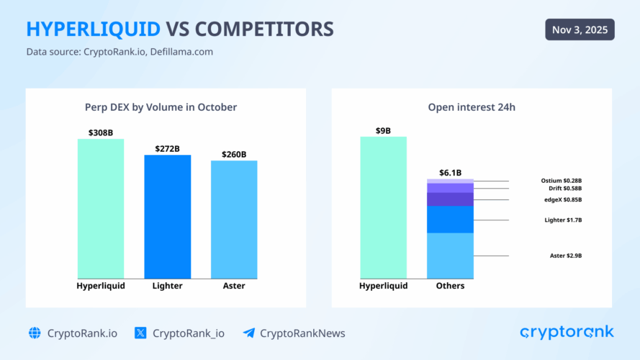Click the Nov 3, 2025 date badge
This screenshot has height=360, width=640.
[x=580, y=30]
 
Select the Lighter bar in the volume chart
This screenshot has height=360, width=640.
[x=168, y=216]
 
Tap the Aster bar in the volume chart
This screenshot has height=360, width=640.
[x=234, y=219]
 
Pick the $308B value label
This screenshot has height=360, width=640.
[x=101, y=132]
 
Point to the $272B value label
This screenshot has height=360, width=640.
[x=168, y=148]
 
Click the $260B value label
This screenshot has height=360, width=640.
[x=234, y=154]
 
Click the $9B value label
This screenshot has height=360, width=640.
[x=383, y=130]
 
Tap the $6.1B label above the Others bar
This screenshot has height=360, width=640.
[x=450, y=173]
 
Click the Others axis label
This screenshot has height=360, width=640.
[x=450, y=286]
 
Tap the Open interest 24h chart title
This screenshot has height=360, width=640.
[x=472, y=107]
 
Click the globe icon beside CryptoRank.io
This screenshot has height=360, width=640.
[x=35, y=333]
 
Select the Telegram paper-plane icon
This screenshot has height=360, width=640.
[x=248, y=333]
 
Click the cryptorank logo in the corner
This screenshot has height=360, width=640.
[x=567, y=332]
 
